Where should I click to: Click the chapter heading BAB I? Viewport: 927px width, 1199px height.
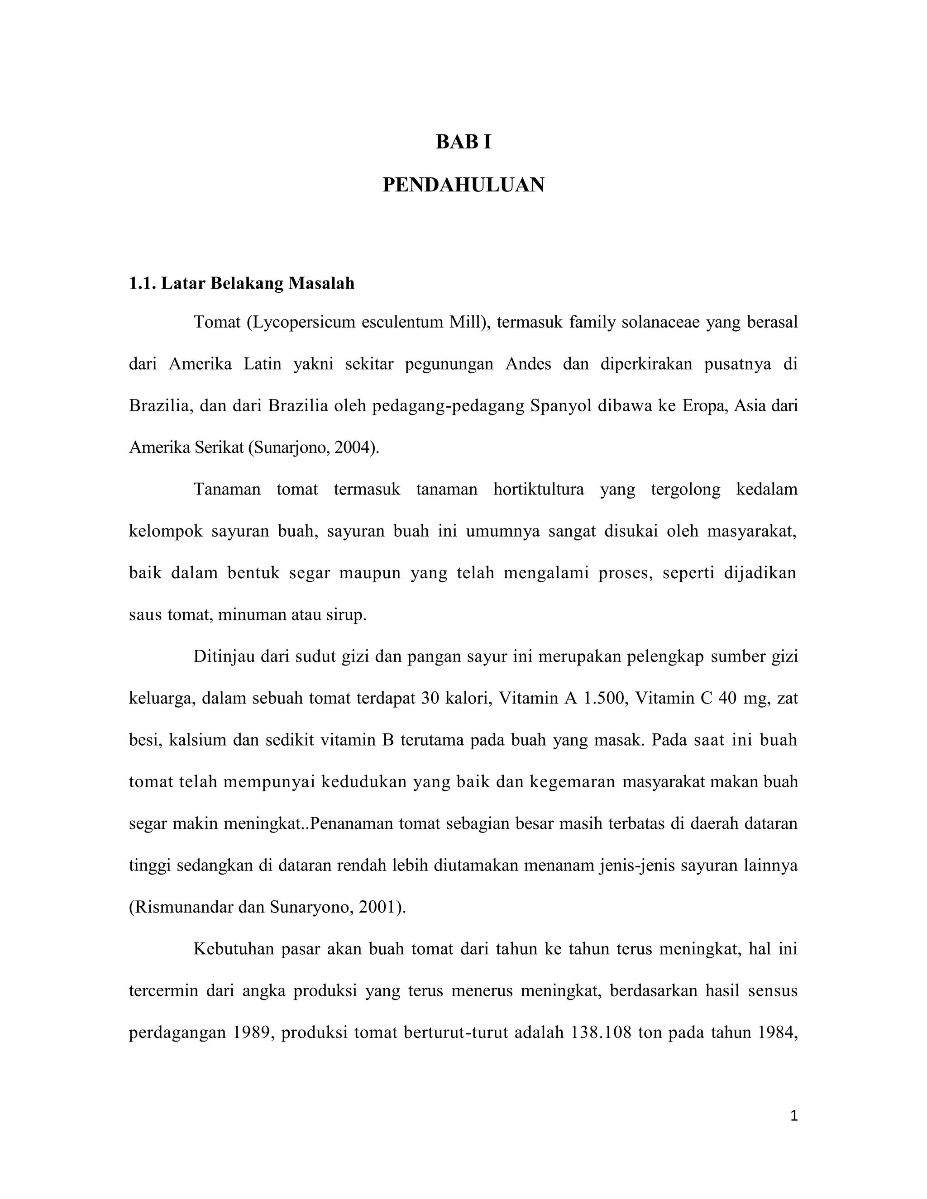pos(463,142)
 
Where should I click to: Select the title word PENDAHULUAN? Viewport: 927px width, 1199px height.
pos(463,186)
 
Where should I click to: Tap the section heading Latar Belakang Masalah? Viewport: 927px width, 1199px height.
pos(257,283)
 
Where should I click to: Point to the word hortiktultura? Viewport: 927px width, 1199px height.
pos(538,489)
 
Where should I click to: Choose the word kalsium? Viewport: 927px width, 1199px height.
pos(198,740)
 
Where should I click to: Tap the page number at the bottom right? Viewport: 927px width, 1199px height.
pos(793,1116)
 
